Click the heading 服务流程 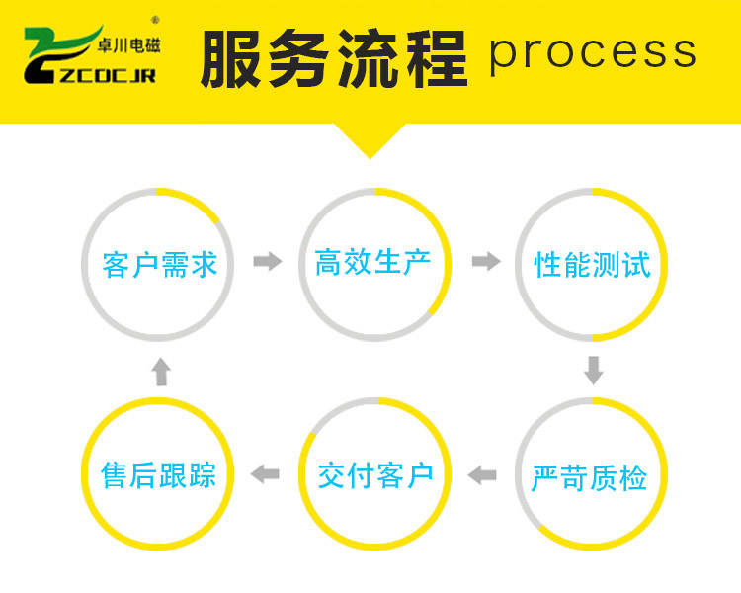point(333,57)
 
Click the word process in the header point(593,52)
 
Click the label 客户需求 point(159,265)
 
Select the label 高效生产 point(373,263)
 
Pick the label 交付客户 point(375,475)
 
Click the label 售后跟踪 point(159,475)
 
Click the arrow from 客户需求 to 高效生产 point(267,262)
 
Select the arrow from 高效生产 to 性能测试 point(485,262)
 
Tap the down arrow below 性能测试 point(593,370)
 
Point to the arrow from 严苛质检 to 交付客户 point(482,475)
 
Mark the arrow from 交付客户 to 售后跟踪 point(265,475)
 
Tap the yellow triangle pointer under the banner point(370,138)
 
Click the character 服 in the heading point(233,57)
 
